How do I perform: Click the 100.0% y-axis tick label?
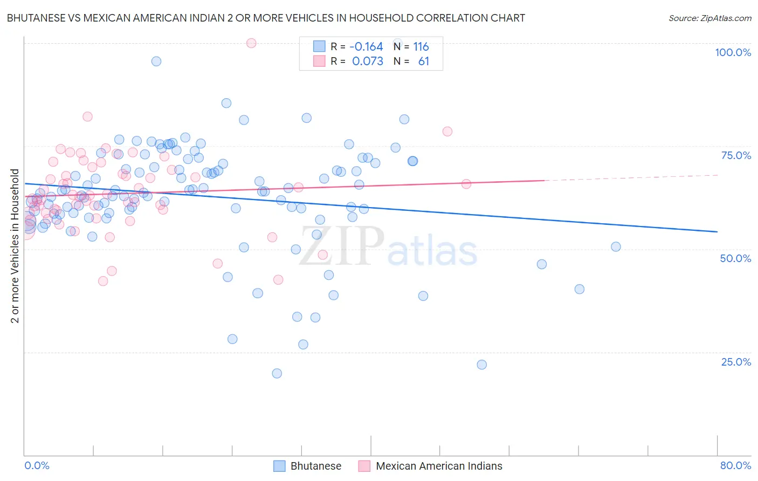tap(733, 52)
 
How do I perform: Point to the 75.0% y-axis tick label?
tap(736, 155)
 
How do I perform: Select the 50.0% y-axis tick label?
tap(735, 258)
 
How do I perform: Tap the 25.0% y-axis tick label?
tap(736, 362)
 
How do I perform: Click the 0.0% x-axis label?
tap(37, 465)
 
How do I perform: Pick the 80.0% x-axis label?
tap(735, 465)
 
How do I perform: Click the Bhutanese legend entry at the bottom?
tap(315, 466)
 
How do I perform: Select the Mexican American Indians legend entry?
tap(438, 466)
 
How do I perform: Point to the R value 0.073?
tap(368, 61)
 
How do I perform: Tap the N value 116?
tap(421, 47)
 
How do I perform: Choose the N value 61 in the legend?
tap(424, 61)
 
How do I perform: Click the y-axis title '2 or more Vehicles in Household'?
tap(15, 246)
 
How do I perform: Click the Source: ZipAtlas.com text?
tap(709, 18)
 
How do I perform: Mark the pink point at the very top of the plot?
tap(251, 43)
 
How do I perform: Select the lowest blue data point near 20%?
tap(277, 373)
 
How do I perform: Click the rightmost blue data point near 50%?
tap(616, 247)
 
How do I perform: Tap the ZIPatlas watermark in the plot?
tap(388, 248)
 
